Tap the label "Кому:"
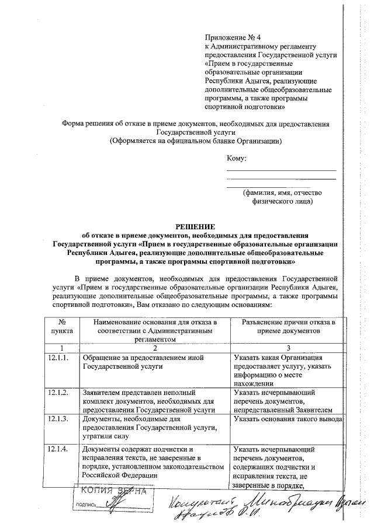click(x=237, y=158)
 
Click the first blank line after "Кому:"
click(x=281, y=170)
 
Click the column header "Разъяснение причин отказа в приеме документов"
click(x=285, y=326)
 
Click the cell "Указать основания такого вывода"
click(x=286, y=419)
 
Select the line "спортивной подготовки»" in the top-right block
click(x=245, y=107)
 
